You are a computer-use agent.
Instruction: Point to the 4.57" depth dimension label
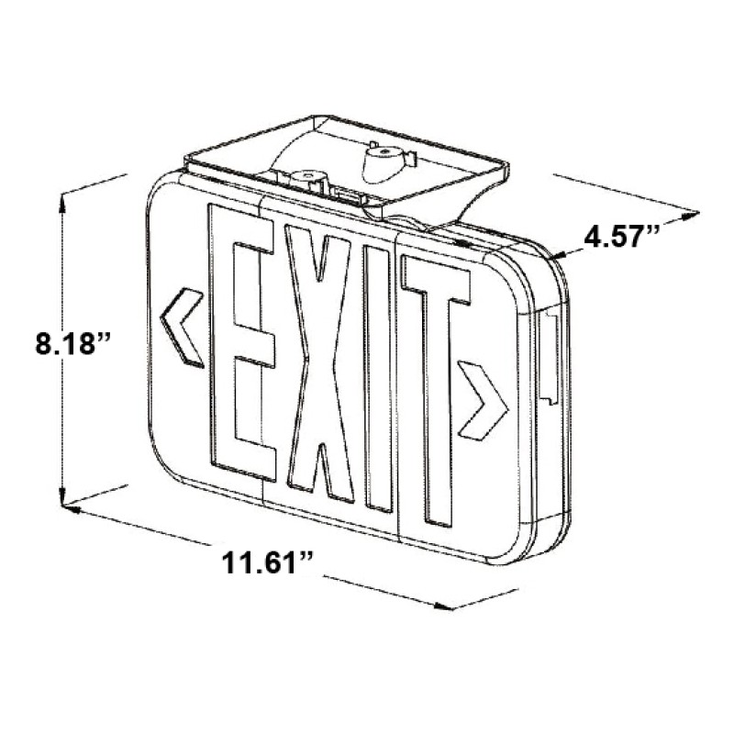pyautogui.click(x=623, y=236)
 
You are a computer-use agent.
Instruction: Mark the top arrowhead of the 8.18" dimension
pyautogui.click(x=62, y=197)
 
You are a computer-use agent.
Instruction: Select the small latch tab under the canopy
pyautogui.click(x=347, y=194)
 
